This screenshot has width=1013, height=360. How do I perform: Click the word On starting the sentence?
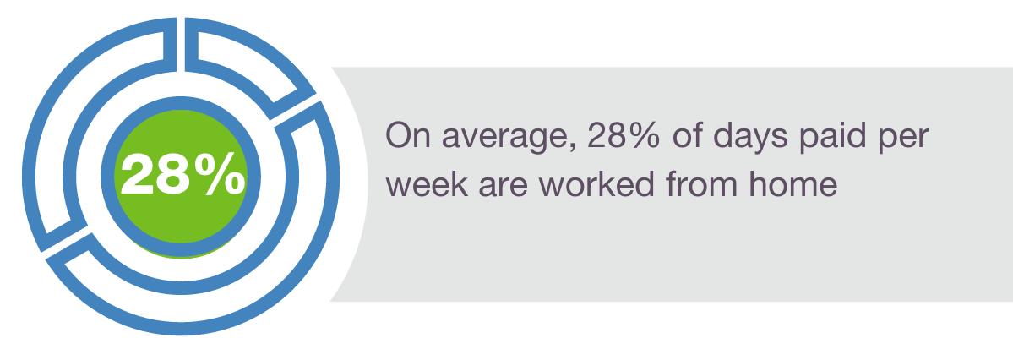pyautogui.click(x=406, y=136)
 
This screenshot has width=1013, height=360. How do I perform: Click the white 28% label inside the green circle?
pyautogui.click(x=182, y=174)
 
